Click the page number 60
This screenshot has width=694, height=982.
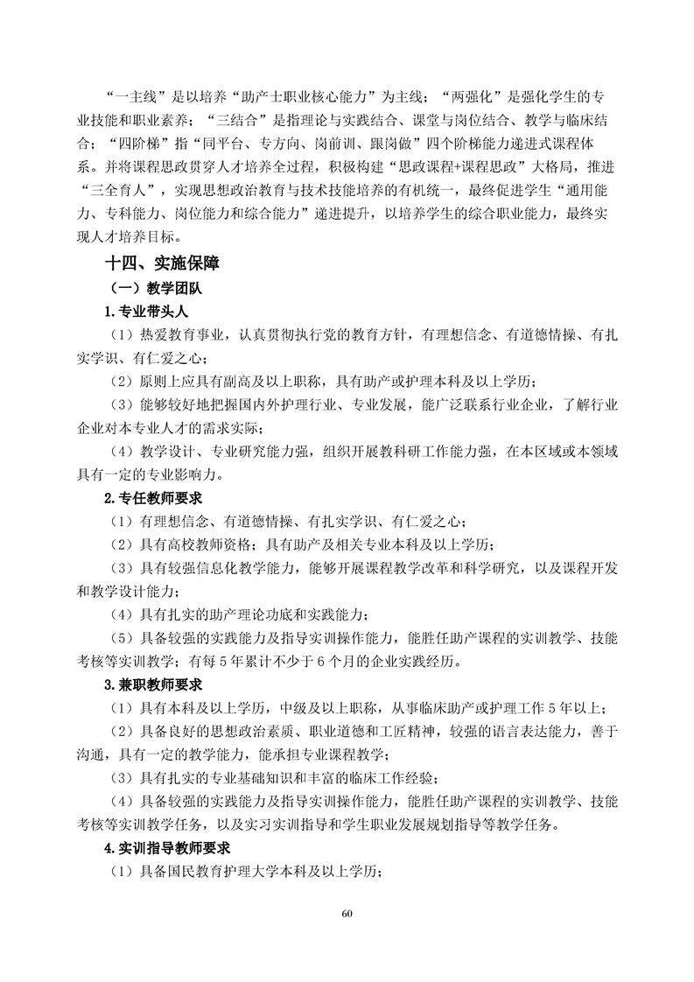point(347,915)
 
